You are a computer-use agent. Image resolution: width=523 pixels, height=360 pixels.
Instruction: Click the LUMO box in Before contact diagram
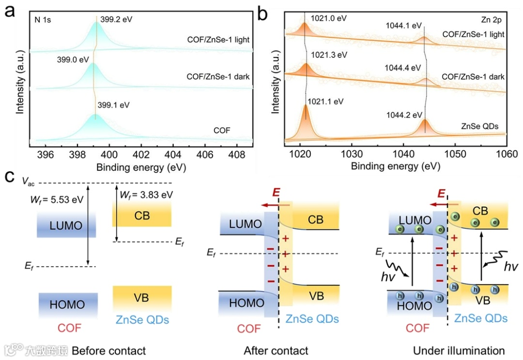(x=66, y=225)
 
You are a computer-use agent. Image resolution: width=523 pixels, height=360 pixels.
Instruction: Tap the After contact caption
(x=276, y=350)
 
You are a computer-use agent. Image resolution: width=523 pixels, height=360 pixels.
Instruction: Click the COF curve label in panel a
(x=222, y=130)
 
